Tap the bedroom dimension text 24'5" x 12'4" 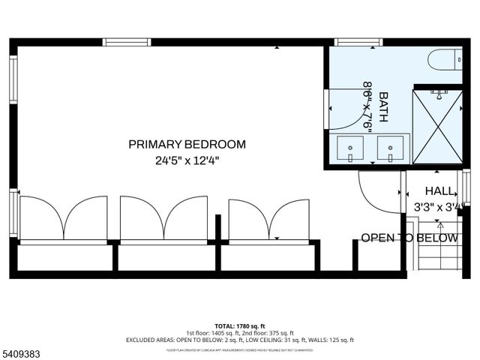coord(187,160)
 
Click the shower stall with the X coord(438,126)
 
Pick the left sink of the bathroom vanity coord(350,148)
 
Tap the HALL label coord(439,190)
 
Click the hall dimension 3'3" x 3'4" coord(439,206)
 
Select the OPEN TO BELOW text coord(409,238)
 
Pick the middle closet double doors coord(163,218)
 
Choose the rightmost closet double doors coord(268,218)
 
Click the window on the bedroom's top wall coord(127,42)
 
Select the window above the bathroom coord(358,42)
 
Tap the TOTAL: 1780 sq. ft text coord(240,326)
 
